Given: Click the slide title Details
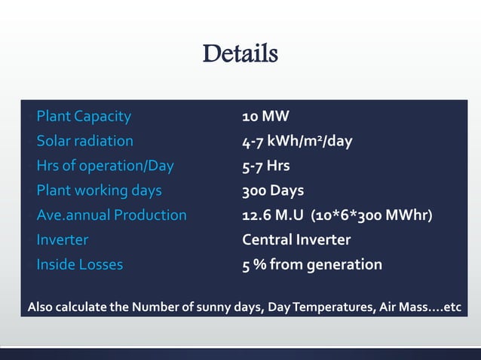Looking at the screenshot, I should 240,54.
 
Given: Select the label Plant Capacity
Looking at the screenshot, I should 84,116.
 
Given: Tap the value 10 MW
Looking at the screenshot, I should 265,116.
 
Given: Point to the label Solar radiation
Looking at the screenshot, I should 84,141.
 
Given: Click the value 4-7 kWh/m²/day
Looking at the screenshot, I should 297,141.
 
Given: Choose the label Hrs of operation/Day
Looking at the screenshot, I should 105,166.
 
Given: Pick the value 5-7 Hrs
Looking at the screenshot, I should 265,166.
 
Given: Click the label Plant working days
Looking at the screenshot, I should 99,191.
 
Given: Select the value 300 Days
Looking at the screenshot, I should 273,191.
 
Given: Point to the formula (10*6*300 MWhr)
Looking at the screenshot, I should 369,215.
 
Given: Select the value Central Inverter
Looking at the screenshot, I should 296,240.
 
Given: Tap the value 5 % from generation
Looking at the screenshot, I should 312,265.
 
